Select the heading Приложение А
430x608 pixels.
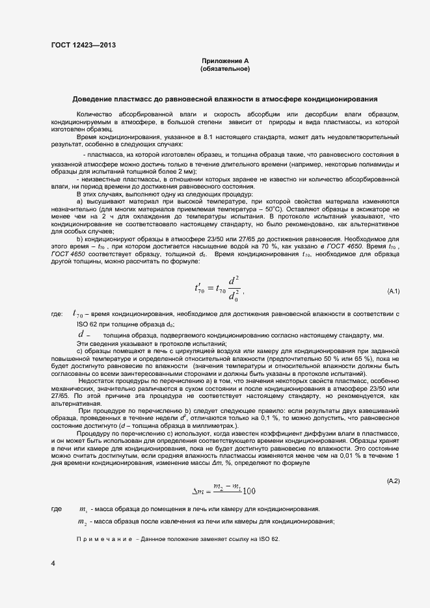click(x=225, y=60)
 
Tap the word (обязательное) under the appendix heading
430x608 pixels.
click(x=225, y=68)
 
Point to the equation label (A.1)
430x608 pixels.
click(x=393, y=290)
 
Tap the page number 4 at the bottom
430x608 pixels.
click(x=53, y=563)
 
